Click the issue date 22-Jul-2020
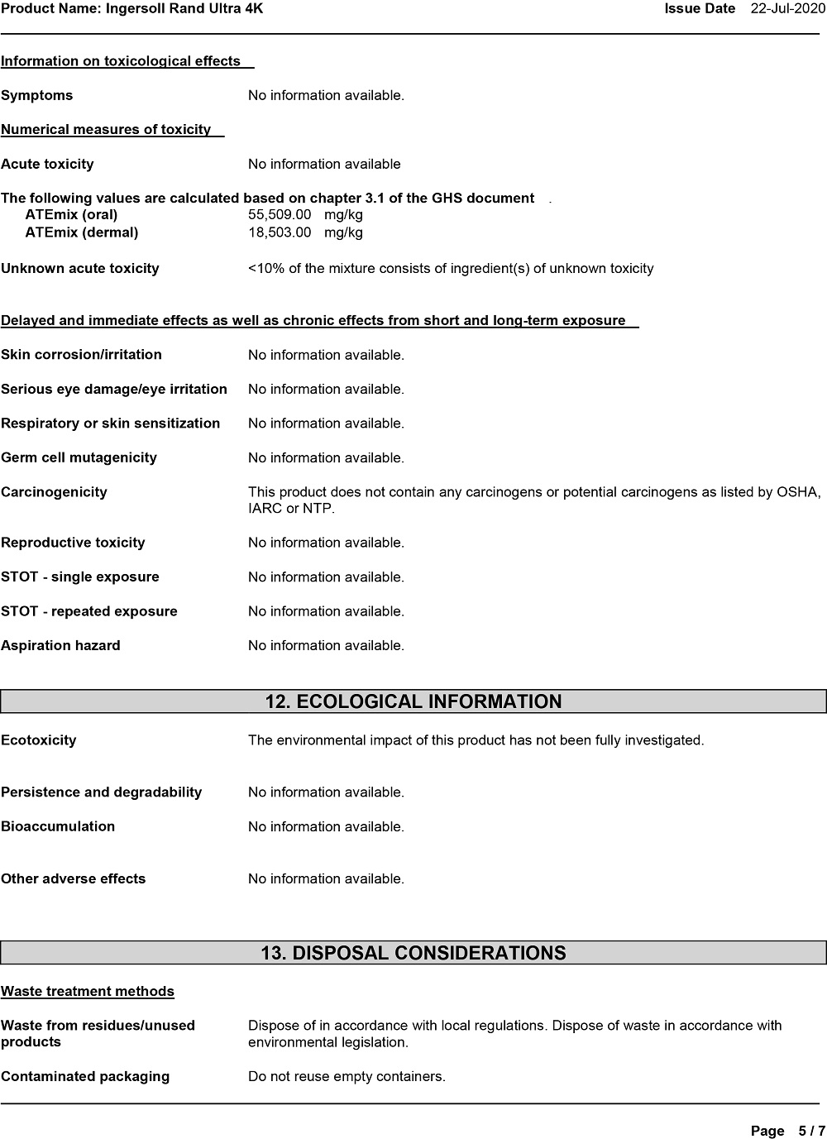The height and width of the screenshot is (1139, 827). (x=787, y=9)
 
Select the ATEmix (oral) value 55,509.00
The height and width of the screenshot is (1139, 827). (x=280, y=215)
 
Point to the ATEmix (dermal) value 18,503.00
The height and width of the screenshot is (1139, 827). (x=280, y=232)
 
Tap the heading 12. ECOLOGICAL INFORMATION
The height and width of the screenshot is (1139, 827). (x=413, y=702)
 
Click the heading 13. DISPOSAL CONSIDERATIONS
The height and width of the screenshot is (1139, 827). (x=413, y=953)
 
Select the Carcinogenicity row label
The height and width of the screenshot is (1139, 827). (x=54, y=492)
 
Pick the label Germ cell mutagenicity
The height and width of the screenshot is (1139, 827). (x=79, y=458)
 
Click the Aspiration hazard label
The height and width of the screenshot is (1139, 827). (x=60, y=646)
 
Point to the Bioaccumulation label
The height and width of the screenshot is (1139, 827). (x=58, y=826)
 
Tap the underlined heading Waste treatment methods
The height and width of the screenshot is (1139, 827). (x=88, y=992)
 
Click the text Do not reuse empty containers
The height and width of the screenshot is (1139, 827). (x=347, y=1077)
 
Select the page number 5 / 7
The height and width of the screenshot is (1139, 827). (x=811, y=1131)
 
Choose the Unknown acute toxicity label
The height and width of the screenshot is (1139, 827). (x=79, y=269)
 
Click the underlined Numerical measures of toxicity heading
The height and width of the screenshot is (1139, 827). (x=106, y=130)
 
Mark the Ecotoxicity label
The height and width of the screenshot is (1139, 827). (x=38, y=740)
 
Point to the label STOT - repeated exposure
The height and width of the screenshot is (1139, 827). (x=89, y=612)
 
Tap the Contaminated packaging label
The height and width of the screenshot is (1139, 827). (x=85, y=1077)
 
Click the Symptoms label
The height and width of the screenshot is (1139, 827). (x=36, y=96)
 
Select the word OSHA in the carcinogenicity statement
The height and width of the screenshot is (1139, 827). (x=797, y=492)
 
